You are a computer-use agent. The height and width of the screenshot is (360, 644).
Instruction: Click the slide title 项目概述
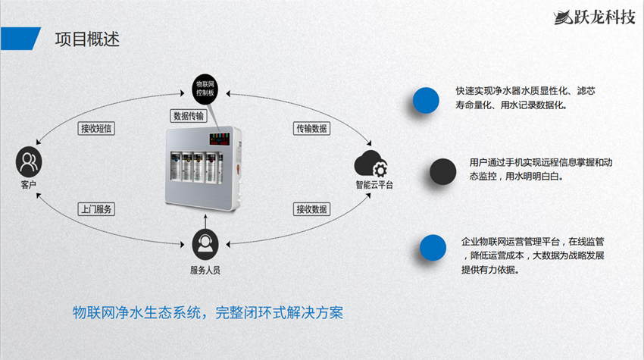[87, 39]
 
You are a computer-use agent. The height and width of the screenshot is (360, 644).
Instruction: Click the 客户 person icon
[29, 161]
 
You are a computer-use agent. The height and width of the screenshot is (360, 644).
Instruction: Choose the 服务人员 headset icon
[205, 243]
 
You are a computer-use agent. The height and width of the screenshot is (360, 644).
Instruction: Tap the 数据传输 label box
[189, 116]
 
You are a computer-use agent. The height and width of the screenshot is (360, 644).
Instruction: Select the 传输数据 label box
[311, 128]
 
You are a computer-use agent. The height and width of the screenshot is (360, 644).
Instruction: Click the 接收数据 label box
[311, 208]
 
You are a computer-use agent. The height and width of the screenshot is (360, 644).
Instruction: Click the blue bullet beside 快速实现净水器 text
[427, 99]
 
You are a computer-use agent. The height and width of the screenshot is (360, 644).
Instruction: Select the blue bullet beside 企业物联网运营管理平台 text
[433, 247]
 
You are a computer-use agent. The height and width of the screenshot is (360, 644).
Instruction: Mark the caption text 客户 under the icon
[28, 186]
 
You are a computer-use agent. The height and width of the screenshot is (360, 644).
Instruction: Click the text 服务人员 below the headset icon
[205, 271]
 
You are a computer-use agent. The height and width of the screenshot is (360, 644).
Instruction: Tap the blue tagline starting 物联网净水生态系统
[208, 312]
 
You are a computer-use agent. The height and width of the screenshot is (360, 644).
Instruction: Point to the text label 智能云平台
[374, 185]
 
